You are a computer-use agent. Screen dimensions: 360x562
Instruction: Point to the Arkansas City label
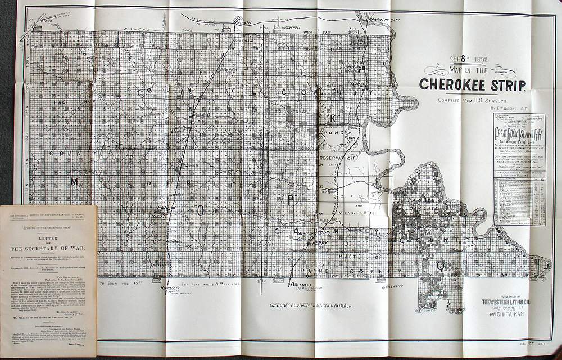(384, 20)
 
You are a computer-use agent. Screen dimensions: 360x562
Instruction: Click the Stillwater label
(393, 286)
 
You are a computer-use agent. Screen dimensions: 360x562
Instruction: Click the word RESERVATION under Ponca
(342, 159)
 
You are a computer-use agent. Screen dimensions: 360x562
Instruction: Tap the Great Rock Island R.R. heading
(518, 134)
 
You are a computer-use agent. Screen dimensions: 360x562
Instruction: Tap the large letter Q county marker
(441, 264)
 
